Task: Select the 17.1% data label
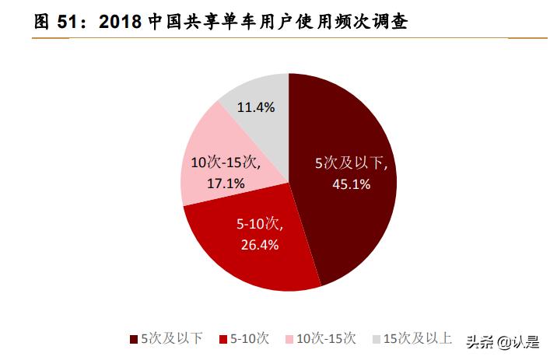pyautogui.click(x=226, y=183)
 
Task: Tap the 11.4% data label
pyautogui.click(x=256, y=107)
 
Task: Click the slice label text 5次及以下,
pyautogui.click(x=351, y=164)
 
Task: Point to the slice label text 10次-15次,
pyautogui.click(x=226, y=164)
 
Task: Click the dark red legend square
pyautogui.click(x=133, y=338)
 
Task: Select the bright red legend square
pyautogui.click(x=223, y=338)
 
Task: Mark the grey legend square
pyautogui.click(x=376, y=338)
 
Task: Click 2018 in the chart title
pyautogui.click(x=120, y=23)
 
